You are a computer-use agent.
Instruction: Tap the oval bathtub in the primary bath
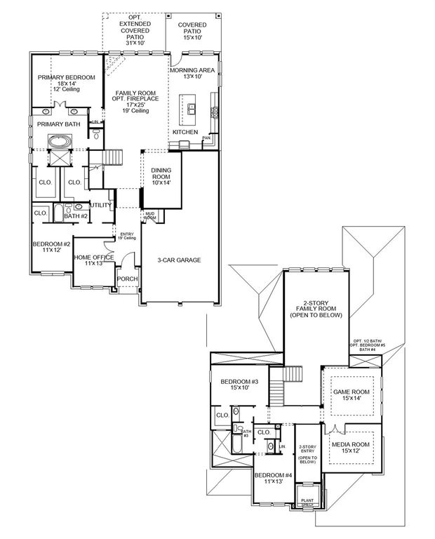pos(59,140)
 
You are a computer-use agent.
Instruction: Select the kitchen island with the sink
pos(190,107)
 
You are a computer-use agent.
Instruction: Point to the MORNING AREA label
pos(193,69)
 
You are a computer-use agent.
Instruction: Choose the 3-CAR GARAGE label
pos(179,260)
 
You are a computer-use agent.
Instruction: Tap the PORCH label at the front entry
pos(127,279)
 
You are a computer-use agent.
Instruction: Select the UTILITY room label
pos(101,205)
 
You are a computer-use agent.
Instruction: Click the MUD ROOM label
pos(150,217)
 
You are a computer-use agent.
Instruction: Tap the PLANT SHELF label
pos(307,502)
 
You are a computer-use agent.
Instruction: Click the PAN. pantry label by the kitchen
pos(206,138)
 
